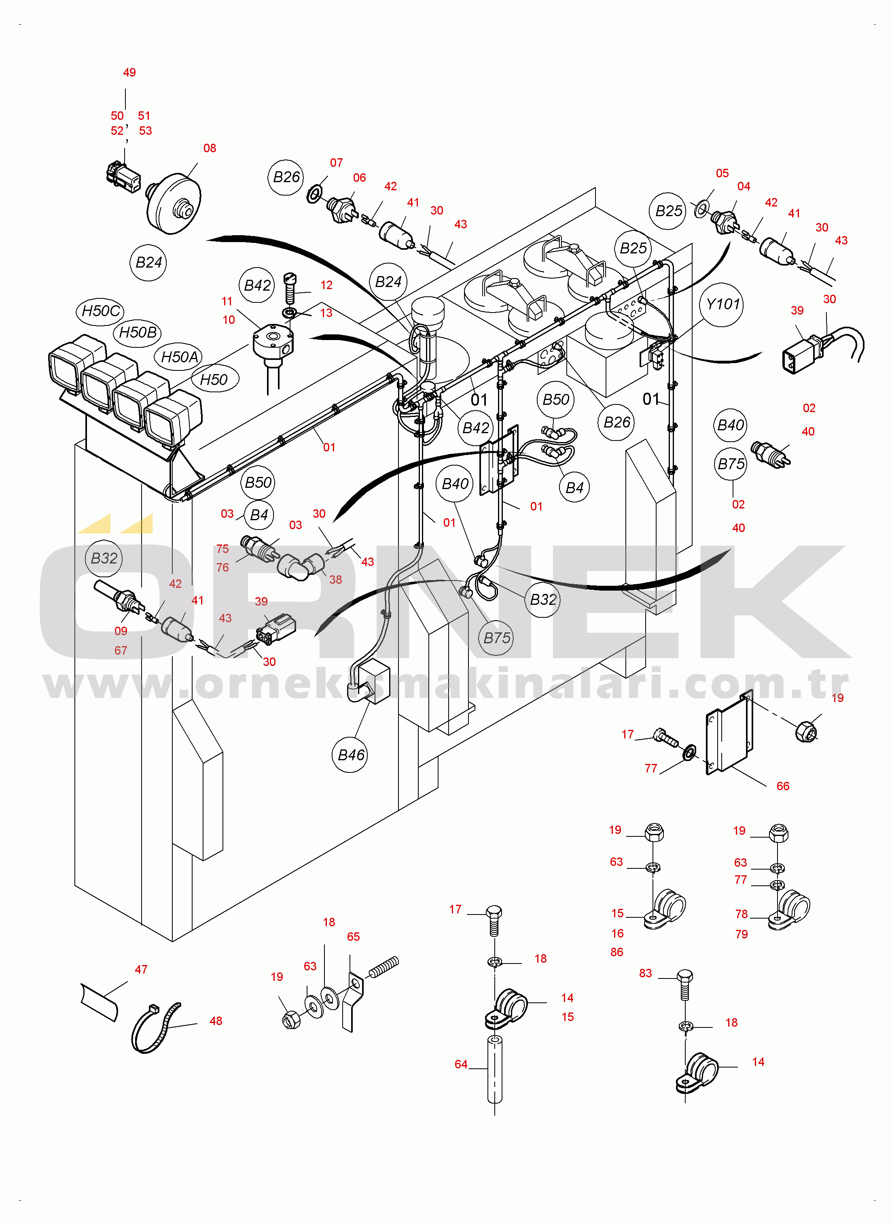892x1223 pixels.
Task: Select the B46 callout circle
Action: pyautogui.click(x=350, y=755)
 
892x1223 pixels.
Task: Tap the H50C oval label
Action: pyautogui.click(x=100, y=311)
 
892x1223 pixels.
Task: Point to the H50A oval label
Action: pyautogui.click(x=180, y=357)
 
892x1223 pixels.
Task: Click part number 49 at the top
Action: pyautogui.click(x=129, y=73)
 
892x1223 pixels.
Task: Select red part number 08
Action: pyautogui.click(x=210, y=149)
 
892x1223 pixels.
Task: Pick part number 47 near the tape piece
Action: pyautogui.click(x=141, y=970)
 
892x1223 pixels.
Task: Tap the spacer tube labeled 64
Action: pyautogui.click(x=495, y=1070)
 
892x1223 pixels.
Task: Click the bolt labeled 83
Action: pyautogui.click(x=684, y=985)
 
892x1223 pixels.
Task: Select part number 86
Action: pyautogui.click(x=617, y=952)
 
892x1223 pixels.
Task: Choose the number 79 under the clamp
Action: pyautogui.click(x=742, y=934)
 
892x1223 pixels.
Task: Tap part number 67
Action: pyautogui.click(x=121, y=651)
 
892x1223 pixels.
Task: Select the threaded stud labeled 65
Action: pyautogui.click(x=384, y=967)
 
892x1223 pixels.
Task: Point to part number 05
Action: pyautogui.click(x=722, y=173)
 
